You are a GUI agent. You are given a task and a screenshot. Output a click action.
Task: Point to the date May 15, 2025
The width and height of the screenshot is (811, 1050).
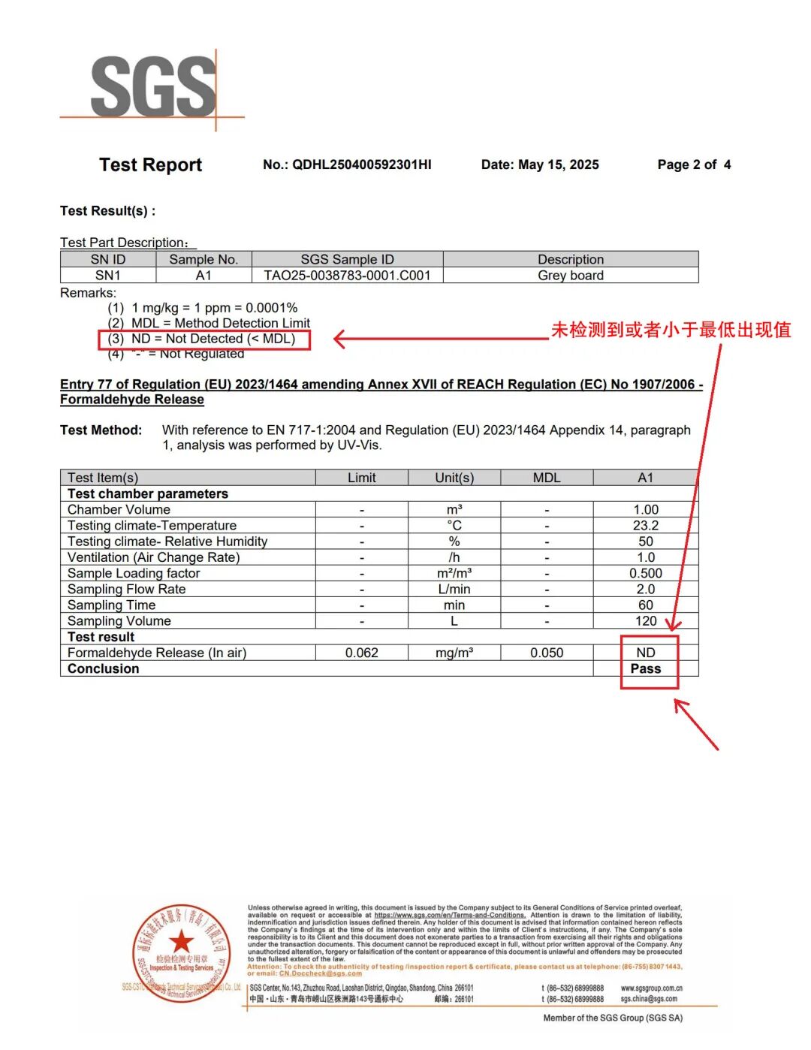(558, 164)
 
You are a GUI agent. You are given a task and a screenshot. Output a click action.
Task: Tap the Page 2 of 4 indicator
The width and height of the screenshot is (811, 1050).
(693, 164)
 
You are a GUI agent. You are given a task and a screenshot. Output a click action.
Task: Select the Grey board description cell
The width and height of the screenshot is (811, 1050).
(571, 276)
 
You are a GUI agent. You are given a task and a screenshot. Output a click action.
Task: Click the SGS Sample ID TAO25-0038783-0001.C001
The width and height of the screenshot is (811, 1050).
(347, 276)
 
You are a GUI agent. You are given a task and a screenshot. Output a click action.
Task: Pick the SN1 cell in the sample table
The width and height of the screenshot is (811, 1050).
(108, 276)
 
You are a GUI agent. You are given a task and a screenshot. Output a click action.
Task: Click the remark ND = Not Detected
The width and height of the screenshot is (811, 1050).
(213, 339)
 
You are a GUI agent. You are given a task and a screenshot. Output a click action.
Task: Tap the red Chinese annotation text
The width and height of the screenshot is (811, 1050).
(671, 330)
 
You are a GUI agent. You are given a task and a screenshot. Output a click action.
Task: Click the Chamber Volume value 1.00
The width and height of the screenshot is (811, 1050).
(646, 510)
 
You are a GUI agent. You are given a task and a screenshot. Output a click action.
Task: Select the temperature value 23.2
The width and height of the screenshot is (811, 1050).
(646, 526)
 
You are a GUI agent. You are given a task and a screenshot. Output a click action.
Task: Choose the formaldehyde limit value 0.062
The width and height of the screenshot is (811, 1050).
(361, 653)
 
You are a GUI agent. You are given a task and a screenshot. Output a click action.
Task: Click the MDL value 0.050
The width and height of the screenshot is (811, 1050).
(547, 653)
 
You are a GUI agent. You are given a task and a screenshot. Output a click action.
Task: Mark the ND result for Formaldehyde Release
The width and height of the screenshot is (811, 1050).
(646, 653)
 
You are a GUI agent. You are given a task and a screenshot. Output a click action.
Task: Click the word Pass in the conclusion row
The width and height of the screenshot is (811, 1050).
(646, 669)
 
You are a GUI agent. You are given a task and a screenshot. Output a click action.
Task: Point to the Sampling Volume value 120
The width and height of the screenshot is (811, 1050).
(646, 621)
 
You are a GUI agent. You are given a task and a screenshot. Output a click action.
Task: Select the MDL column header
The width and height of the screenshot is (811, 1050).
(547, 478)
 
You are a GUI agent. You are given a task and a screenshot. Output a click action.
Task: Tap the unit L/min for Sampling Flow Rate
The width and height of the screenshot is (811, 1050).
(454, 590)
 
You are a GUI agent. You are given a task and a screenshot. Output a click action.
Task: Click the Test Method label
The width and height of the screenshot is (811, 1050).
(101, 430)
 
